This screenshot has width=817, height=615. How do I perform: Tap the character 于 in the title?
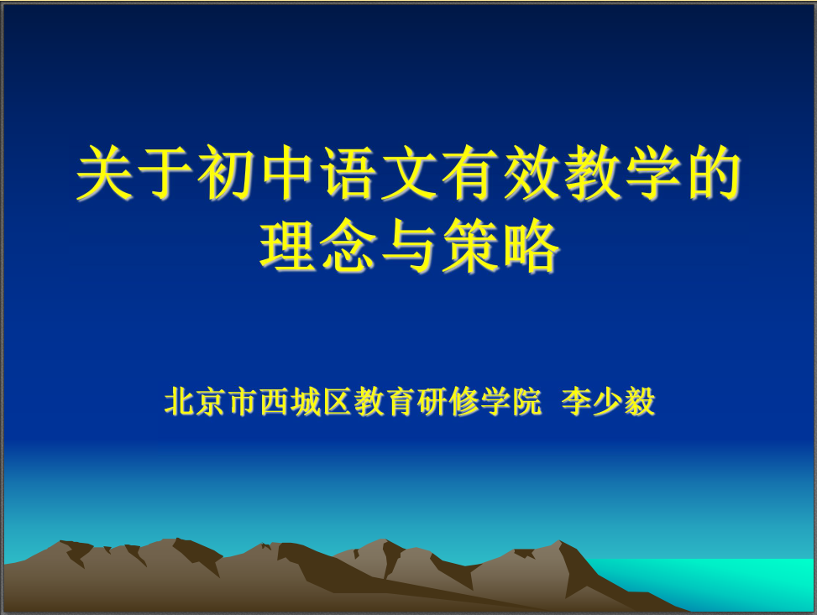pyautogui.click(x=165, y=172)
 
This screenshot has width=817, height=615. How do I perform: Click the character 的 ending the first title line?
pyautogui.click(x=715, y=172)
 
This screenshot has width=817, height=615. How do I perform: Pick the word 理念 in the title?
pyautogui.click(x=318, y=246)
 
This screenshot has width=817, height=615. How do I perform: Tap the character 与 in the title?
pyautogui.click(x=410, y=246)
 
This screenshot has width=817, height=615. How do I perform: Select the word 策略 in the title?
pyautogui.click(x=501, y=246)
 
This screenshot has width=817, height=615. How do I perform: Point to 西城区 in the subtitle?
pyautogui.click(x=306, y=402)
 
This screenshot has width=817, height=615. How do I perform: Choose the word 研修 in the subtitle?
pyautogui.click(x=447, y=402)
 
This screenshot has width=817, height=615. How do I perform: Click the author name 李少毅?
pyautogui.click(x=609, y=402)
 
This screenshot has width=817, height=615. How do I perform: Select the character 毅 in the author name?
pyautogui.click(x=640, y=402)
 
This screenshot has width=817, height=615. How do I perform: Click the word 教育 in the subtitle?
pyautogui.click(x=384, y=402)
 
